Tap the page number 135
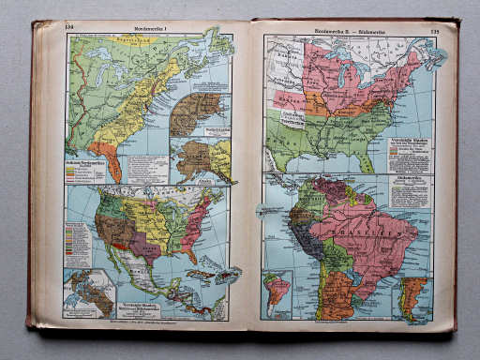click(x=434, y=31)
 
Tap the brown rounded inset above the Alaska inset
click(x=197, y=113)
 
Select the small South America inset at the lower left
click(x=278, y=292)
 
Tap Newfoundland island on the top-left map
click(x=221, y=42)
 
